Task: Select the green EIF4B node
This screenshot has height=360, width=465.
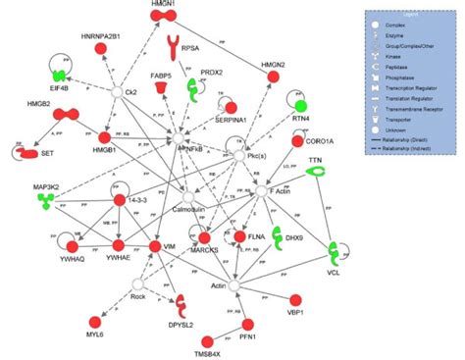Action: coord(60,76)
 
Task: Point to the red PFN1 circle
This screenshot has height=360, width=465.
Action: coord(246,324)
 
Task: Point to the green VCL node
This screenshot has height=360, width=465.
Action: coord(335,253)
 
